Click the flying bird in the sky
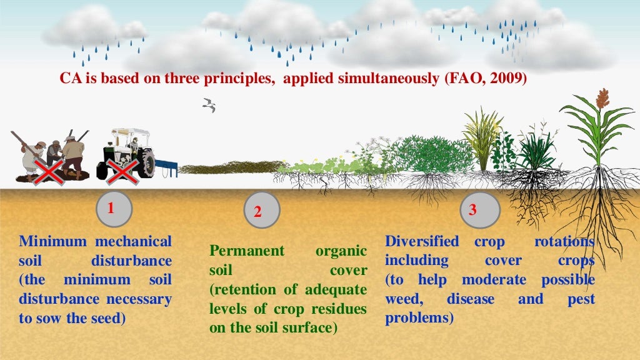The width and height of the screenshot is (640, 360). pos(209,105)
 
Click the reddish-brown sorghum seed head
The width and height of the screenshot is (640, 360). pos(602,98)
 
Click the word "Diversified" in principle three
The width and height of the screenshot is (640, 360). pos(422,241)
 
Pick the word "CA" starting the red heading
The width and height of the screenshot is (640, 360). pos(68,79)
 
